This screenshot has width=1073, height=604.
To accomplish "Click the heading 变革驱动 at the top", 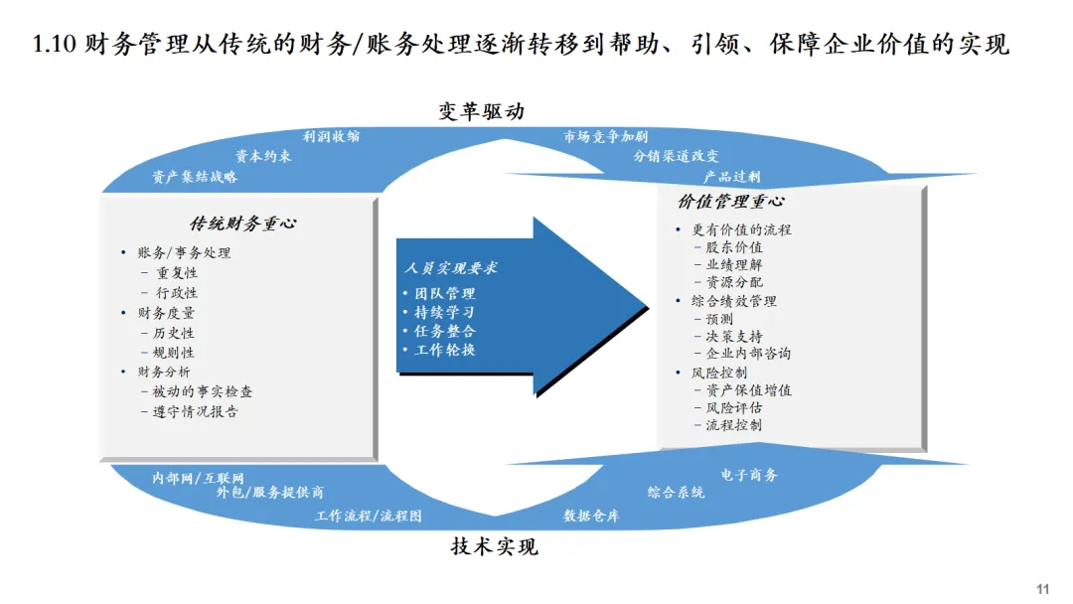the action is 481,111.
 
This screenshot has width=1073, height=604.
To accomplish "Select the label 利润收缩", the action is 332,136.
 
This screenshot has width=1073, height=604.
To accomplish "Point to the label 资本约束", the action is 263,156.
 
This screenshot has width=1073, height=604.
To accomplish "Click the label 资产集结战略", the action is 195,177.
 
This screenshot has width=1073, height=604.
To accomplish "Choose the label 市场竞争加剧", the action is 605,136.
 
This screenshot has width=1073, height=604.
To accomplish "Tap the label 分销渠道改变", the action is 676,156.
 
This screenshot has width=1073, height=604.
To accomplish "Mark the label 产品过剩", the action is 731,177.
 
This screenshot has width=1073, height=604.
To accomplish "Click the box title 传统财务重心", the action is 242,224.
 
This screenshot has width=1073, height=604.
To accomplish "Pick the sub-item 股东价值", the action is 734,247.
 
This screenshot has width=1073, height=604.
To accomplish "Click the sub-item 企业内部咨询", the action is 748,353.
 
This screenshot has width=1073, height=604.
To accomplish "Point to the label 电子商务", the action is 749,475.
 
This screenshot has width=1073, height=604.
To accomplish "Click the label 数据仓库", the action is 591,516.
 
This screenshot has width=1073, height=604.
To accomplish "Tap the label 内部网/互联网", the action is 198,477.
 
